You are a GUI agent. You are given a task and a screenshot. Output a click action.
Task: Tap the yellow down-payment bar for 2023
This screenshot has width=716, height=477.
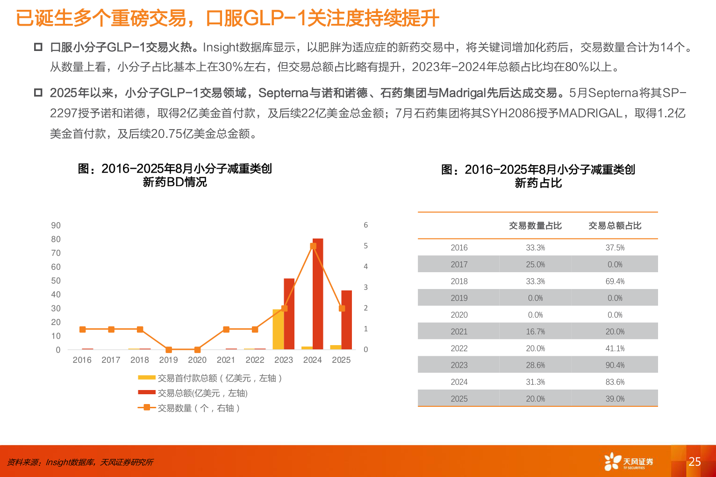278,330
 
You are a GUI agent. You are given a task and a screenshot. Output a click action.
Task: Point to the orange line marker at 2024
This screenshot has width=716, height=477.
313,246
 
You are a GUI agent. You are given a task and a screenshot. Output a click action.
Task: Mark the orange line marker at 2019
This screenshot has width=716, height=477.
169,350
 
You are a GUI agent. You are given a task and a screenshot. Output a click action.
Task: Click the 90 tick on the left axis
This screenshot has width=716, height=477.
56,225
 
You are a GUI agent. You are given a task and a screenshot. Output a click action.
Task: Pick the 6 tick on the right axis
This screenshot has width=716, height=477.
366,225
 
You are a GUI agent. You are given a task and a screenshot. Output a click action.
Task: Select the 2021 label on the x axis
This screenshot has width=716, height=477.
226,360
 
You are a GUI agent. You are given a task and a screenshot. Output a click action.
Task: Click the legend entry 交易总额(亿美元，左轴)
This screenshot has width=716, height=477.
202,393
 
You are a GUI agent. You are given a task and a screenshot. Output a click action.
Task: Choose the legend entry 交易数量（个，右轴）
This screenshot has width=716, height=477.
199,408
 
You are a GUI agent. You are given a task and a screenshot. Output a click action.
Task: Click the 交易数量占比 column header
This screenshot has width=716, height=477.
535,226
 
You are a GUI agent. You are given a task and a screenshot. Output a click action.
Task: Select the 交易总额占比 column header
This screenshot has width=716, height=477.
615,226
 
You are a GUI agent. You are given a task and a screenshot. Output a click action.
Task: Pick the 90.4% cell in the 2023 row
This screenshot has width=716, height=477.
615,365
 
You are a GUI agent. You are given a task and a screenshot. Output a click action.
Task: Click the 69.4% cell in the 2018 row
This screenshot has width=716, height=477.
615,282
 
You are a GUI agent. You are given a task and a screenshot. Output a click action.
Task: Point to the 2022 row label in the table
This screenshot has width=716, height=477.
459,348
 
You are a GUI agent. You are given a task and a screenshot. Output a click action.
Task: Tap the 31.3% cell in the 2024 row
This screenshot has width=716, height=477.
535,382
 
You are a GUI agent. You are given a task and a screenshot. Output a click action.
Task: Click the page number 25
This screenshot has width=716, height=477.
695,462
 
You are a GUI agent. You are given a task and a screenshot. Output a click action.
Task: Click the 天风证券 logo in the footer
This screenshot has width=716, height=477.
629,462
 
